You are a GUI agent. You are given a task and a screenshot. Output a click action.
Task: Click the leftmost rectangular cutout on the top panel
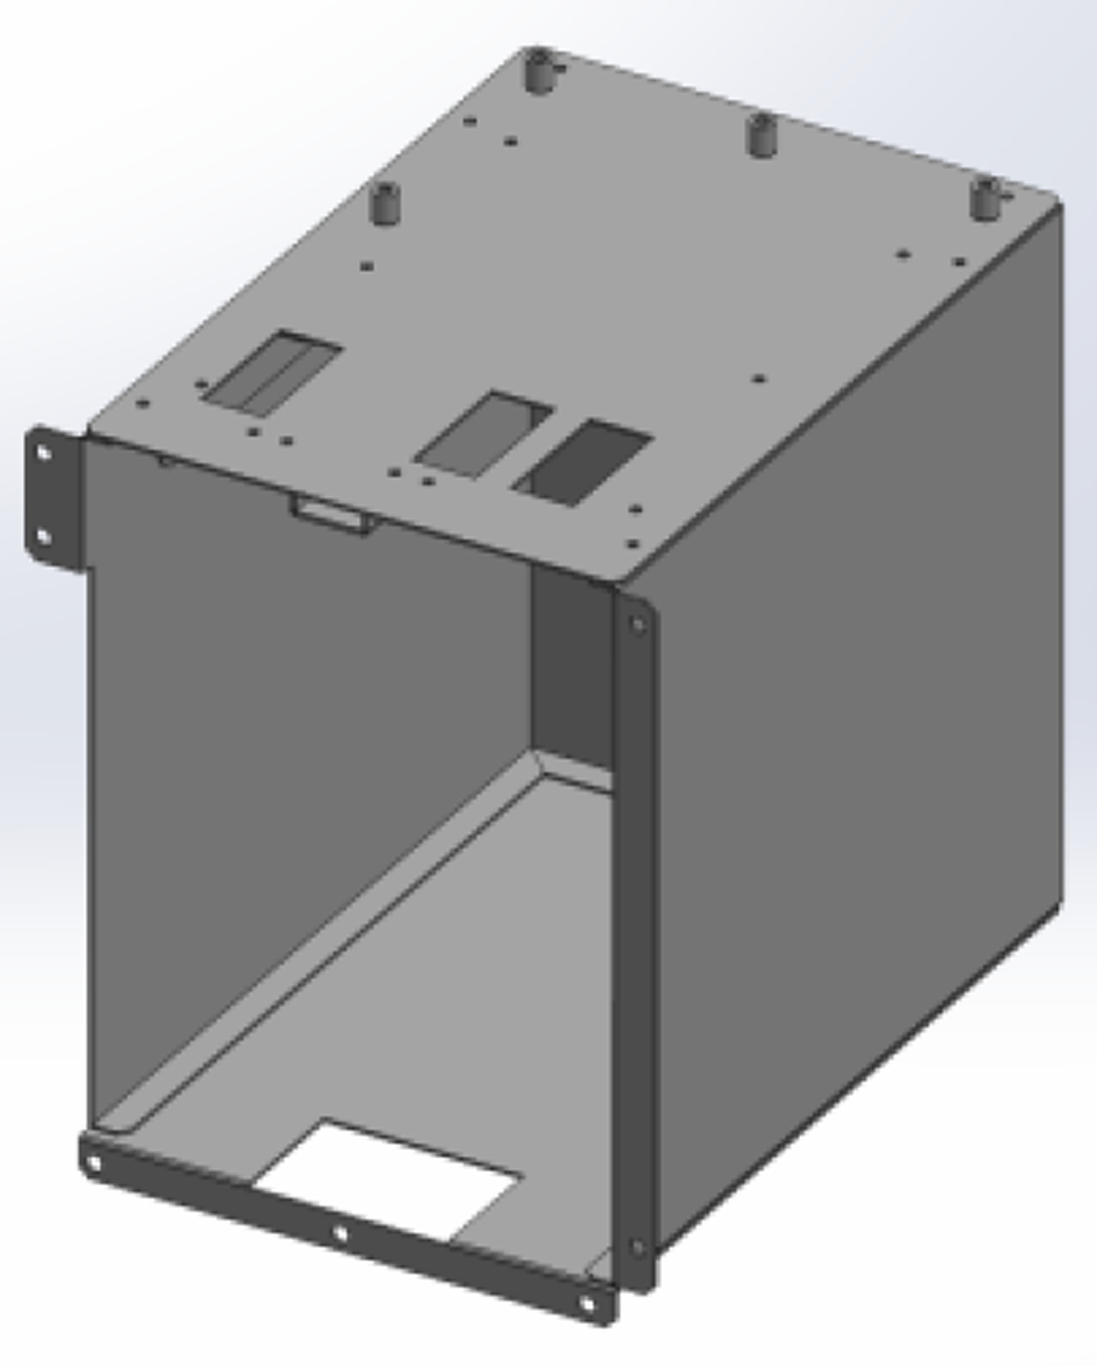[x=271, y=370]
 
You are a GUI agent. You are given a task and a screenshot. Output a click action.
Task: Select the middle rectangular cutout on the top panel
[x=483, y=433]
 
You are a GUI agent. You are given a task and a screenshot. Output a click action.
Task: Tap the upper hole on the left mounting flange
[x=43, y=453]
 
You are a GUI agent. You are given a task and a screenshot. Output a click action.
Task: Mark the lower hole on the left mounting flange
[x=43, y=535]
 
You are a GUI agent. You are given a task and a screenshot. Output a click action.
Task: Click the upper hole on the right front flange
[x=638, y=625]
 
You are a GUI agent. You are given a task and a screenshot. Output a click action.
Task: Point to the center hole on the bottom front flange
[x=340, y=1234]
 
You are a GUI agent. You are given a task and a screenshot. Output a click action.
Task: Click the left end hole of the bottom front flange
[x=94, y=1164]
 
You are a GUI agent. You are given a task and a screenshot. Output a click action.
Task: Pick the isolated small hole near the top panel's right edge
[x=759, y=379]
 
